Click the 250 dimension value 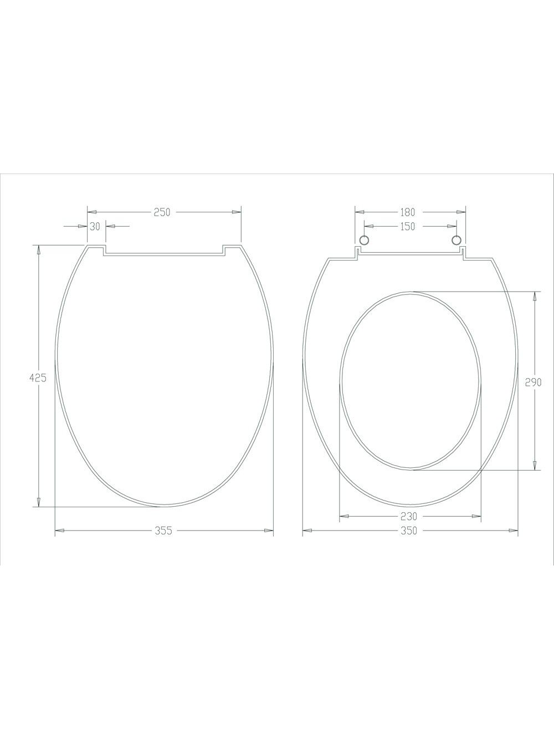[x=162, y=212]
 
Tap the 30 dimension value [x=95, y=227]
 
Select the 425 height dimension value [x=38, y=378]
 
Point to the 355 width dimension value [x=163, y=531]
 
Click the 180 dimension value [x=407, y=212]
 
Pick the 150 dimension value [x=407, y=227]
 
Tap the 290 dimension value [x=533, y=382]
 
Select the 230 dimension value [x=408, y=516]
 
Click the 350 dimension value [x=409, y=531]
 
